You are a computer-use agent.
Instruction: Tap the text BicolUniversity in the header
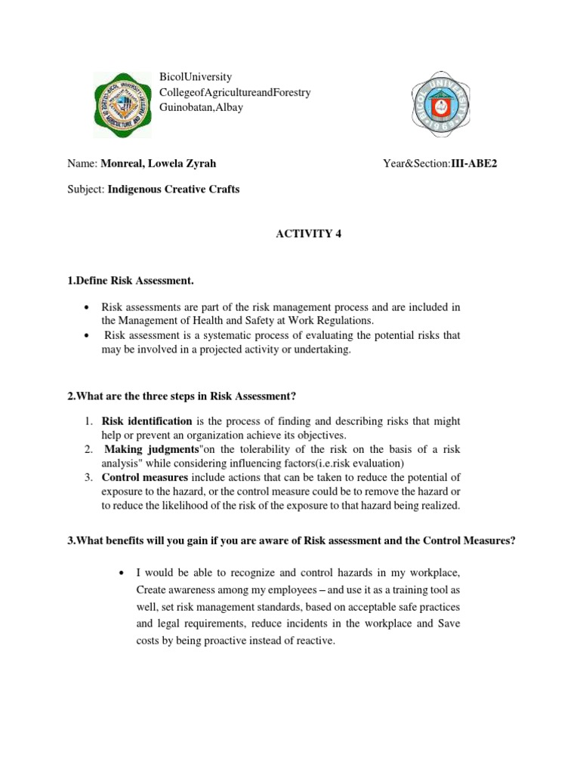coord(196,77)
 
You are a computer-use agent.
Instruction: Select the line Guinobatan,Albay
coord(201,107)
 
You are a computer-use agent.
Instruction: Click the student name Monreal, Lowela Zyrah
coord(164,162)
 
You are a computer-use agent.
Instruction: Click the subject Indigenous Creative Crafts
coord(174,189)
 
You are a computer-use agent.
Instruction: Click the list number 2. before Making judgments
coord(88,449)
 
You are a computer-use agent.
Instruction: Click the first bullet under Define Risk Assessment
coord(88,307)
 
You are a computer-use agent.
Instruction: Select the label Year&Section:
coord(417,162)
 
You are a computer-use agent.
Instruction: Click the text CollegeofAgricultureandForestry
coord(235,92)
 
